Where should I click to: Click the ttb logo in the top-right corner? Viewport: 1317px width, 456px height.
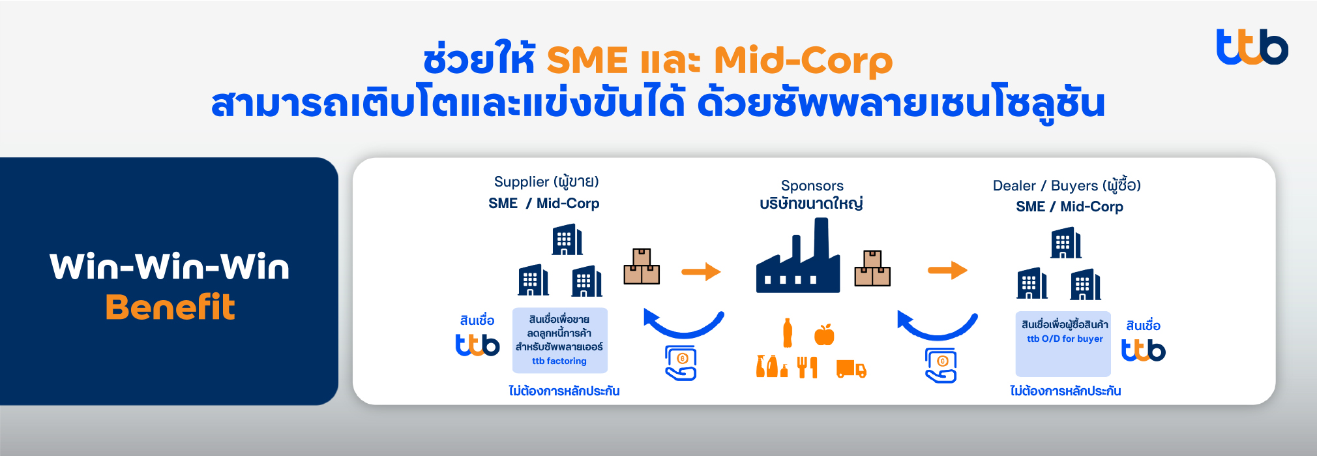(1252, 47)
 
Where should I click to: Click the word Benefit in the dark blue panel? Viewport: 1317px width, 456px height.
(170, 307)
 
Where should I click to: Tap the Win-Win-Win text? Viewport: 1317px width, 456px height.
(170, 267)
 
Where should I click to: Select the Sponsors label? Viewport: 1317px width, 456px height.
(812, 186)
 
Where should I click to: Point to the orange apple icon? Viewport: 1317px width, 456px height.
(824, 334)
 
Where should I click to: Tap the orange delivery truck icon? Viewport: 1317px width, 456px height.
(851, 369)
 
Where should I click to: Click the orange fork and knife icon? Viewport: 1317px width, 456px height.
(807, 367)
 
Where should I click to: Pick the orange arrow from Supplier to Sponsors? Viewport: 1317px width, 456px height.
(701, 271)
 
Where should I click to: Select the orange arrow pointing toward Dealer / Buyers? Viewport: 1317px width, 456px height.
(947, 269)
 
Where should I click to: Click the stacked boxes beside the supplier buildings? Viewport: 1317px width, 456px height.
(642, 266)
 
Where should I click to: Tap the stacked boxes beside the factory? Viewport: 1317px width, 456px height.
(872, 268)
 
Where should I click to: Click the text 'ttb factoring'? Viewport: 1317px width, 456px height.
(559, 361)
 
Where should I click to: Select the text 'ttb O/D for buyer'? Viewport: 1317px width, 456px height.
(1065, 339)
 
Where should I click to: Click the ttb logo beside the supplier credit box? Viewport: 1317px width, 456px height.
(477, 344)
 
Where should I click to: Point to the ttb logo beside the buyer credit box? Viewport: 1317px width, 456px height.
(1144, 350)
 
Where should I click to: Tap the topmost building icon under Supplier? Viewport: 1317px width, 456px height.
(567, 240)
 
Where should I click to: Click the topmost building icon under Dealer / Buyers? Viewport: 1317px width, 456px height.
(1066, 243)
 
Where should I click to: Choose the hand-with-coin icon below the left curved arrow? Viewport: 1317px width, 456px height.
(681, 363)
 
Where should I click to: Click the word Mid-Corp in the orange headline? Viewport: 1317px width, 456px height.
(803, 61)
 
